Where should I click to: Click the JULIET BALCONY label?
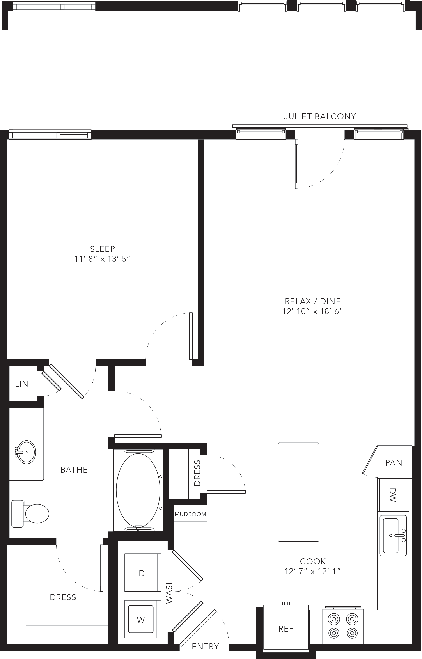tap(320, 116)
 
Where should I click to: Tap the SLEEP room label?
tap(103, 249)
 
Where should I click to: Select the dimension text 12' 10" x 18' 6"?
tap(313, 311)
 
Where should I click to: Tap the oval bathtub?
tap(138, 490)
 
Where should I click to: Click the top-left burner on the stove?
tap(333, 619)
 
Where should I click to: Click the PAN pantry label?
tap(394, 463)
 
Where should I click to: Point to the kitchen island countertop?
tap(298, 492)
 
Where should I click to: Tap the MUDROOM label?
tap(190, 514)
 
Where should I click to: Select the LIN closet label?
tap(22, 384)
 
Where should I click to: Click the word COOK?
tap(313, 561)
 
